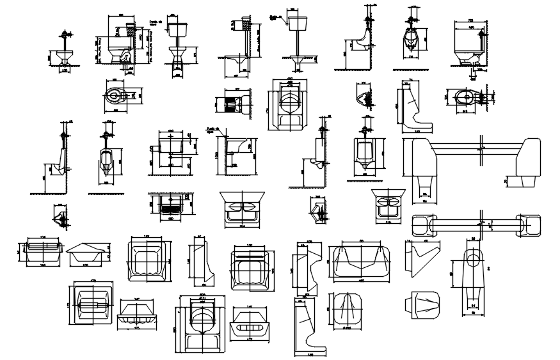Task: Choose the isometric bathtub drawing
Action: pos(88,252)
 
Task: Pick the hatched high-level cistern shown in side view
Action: pos(243,26)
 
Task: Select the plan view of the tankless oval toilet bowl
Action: pos(115,97)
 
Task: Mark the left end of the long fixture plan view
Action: pos(423,225)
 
